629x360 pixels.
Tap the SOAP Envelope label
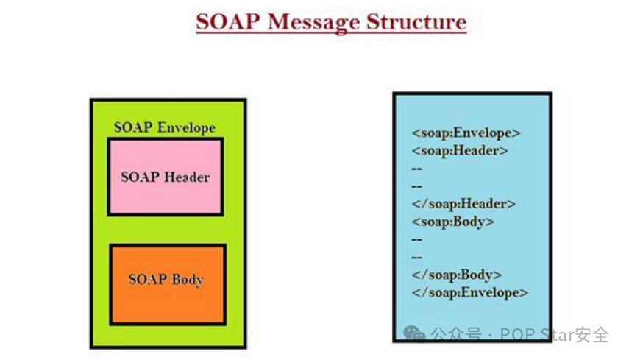pyautogui.click(x=164, y=127)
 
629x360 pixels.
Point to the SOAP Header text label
pyautogui.click(x=165, y=177)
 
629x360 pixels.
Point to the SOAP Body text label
pyautogui.click(x=166, y=279)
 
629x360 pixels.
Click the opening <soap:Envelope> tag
pyautogui.click(x=466, y=133)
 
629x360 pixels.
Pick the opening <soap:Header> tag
pyautogui.click(x=460, y=151)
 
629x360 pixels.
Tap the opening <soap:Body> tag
pyautogui.click(x=452, y=222)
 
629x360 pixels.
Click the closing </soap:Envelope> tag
pyautogui.click(x=469, y=292)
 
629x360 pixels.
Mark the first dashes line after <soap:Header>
pyautogui.click(x=417, y=169)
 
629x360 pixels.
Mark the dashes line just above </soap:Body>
pyautogui.click(x=417, y=257)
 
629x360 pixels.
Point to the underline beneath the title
pyautogui.click(x=331, y=33)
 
